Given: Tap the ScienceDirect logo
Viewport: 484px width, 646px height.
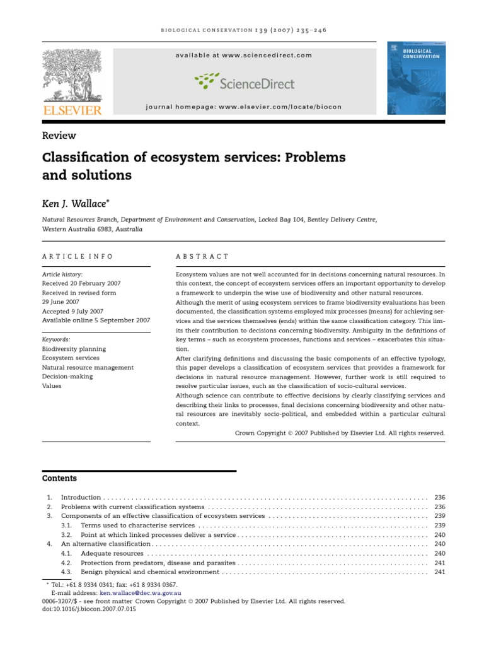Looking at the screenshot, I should [245, 82].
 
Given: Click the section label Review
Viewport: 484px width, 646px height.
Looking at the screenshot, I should [59, 136].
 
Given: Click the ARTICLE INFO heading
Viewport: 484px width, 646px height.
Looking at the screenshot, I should [78, 257].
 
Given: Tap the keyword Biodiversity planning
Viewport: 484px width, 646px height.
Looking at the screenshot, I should [74, 349].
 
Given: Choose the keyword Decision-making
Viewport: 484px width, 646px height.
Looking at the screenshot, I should [67, 377].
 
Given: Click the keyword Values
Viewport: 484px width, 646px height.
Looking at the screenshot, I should [52, 386].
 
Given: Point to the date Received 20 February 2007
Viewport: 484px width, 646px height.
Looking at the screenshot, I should [81, 284].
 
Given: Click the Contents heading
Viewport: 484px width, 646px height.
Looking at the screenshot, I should [59, 479].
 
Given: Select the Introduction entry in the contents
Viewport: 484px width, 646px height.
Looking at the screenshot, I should [81, 498].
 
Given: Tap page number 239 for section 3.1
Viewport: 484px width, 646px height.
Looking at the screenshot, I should [440, 526].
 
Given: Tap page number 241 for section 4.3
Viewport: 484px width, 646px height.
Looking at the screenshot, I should [440, 572].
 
